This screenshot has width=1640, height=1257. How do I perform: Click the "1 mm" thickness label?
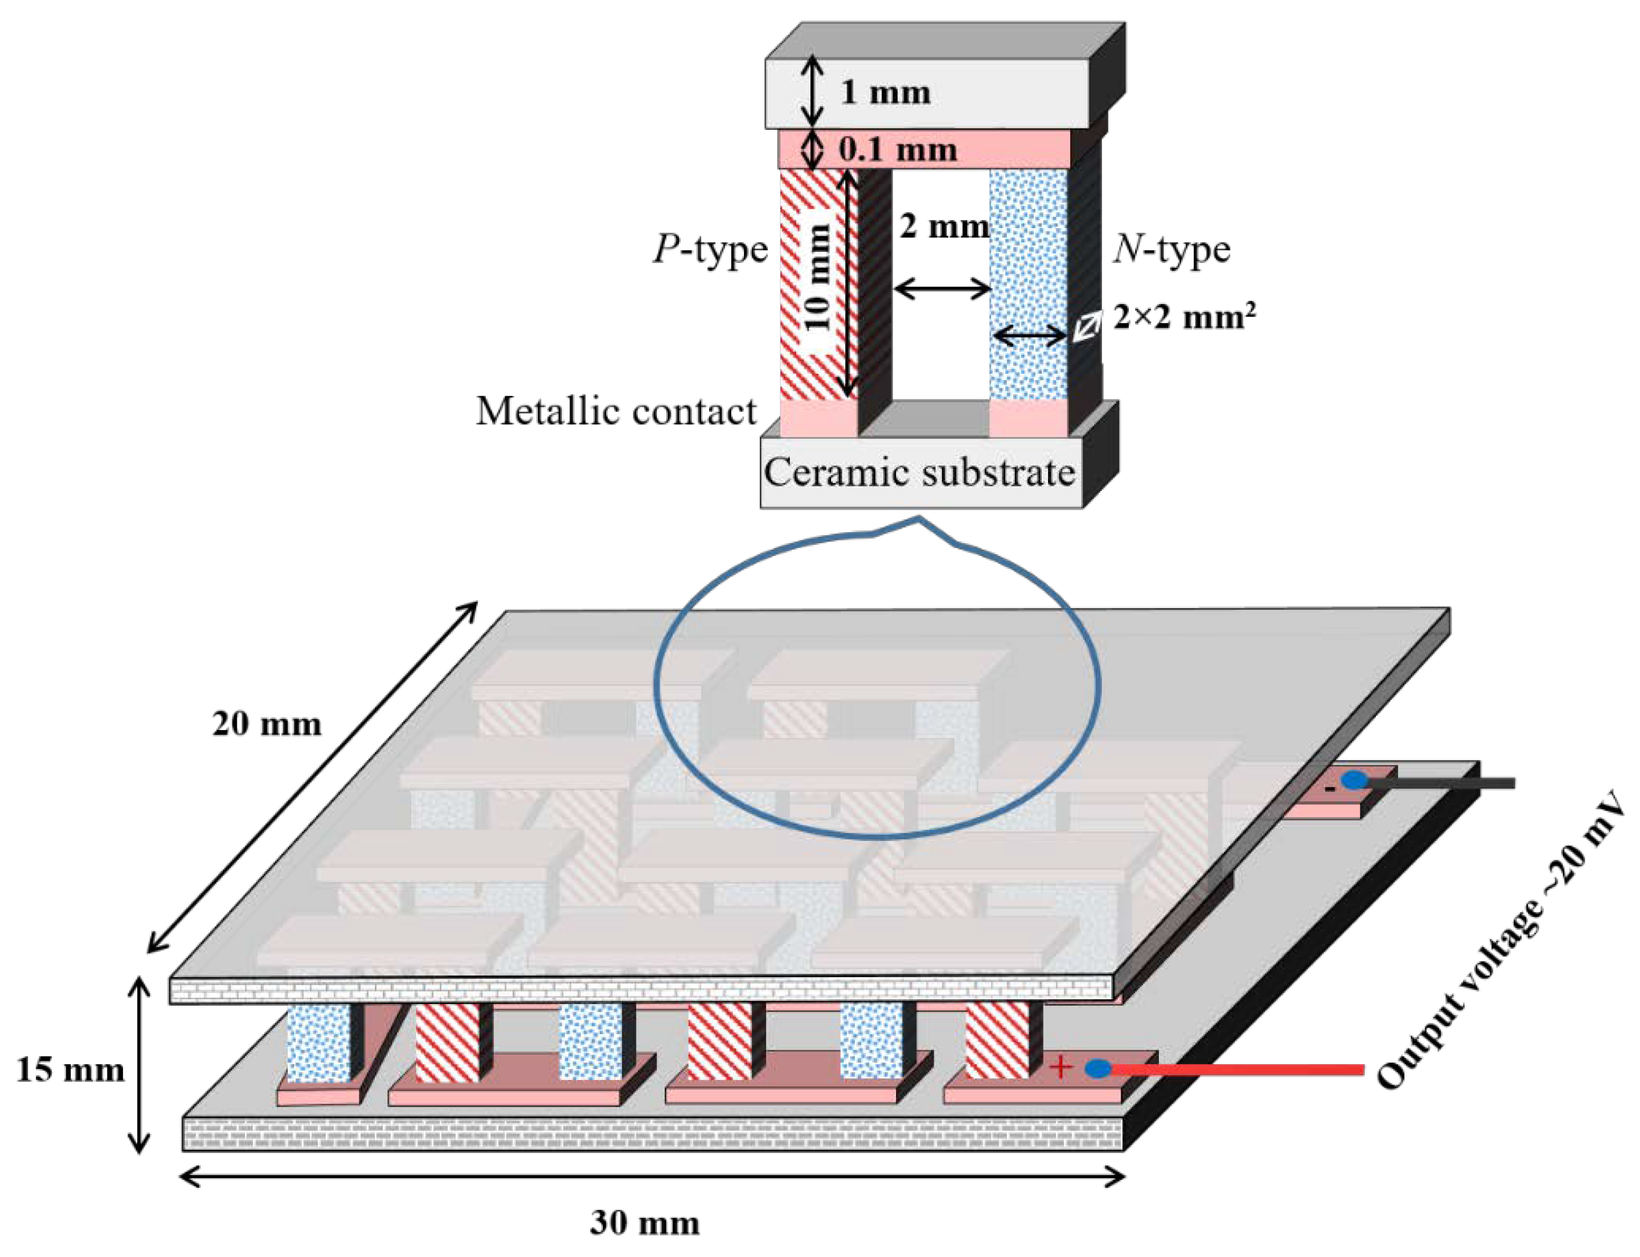(885, 93)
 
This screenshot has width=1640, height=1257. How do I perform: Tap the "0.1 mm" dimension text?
(897, 150)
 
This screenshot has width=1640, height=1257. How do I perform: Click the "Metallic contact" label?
(616, 411)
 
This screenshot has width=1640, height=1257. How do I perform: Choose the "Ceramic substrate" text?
(919, 473)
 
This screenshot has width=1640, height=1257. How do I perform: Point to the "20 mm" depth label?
(267, 724)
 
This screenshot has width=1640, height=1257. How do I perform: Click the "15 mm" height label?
(70, 1071)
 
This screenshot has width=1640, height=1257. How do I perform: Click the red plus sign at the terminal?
(1061, 1067)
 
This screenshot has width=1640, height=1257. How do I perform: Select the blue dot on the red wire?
(1097, 1068)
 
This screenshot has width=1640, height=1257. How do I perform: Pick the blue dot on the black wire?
(1353, 781)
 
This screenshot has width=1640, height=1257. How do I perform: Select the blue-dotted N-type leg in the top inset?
(1028, 284)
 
